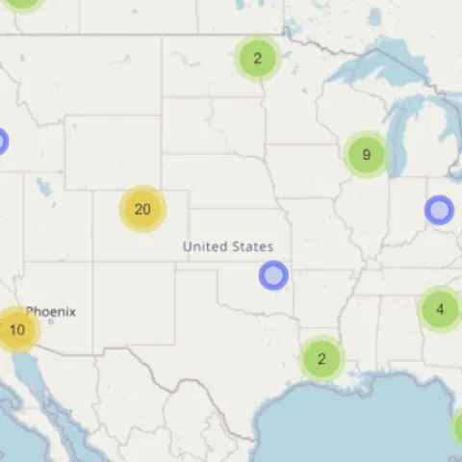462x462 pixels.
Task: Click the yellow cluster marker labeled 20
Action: (x=142, y=209)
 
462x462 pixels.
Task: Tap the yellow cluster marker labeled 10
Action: (x=16, y=329)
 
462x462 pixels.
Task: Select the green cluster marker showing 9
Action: (x=366, y=154)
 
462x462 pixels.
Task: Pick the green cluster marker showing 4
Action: (x=440, y=309)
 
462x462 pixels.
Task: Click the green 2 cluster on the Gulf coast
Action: (x=321, y=358)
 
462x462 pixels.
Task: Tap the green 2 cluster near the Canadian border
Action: (x=258, y=58)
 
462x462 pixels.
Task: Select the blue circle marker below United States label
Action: (x=273, y=276)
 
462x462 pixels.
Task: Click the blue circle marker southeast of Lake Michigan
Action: (x=439, y=209)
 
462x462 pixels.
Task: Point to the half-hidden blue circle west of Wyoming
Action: (x=2, y=141)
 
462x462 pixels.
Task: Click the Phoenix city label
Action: (x=51, y=312)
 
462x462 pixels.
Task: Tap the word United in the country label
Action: (x=203, y=247)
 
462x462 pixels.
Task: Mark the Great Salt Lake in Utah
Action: (x=44, y=186)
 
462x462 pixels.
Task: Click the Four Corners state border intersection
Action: (x=93, y=263)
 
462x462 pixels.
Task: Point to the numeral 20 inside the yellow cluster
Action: (x=142, y=209)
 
